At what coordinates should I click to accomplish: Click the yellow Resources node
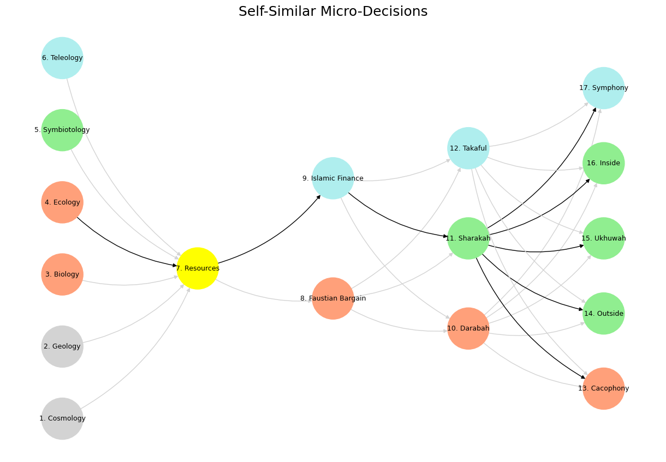pyautogui.click(x=198, y=268)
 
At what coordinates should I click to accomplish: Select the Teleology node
pyautogui.click(x=62, y=58)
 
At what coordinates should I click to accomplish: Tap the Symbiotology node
pyautogui.click(x=62, y=130)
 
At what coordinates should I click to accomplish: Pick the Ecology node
pyautogui.click(x=62, y=202)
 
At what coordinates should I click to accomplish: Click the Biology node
pyautogui.click(x=62, y=274)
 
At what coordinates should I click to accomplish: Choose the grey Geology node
pyautogui.click(x=62, y=346)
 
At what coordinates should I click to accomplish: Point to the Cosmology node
pyautogui.click(x=62, y=418)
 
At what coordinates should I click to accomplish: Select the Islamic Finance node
pyautogui.click(x=333, y=178)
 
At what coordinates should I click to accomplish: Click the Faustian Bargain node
pyautogui.click(x=333, y=298)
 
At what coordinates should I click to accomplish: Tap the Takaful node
pyautogui.click(x=468, y=148)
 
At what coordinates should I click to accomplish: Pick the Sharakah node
pyautogui.click(x=468, y=238)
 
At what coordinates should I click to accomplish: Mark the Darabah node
pyautogui.click(x=468, y=328)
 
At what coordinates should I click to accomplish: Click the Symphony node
pyautogui.click(x=604, y=88)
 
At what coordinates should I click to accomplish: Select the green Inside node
pyautogui.click(x=604, y=163)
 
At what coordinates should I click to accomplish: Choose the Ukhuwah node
pyautogui.click(x=604, y=238)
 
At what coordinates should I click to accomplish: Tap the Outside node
pyautogui.click(x=604, y=314)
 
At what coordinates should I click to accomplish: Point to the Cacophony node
pyautogui.click(x=604, y=388)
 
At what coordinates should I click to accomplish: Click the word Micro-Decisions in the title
pyautogui.click(x=374, y=11)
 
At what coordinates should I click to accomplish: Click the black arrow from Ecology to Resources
pyautogui.click(x=122, y=249)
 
